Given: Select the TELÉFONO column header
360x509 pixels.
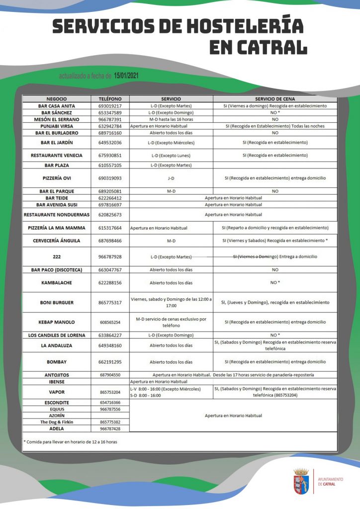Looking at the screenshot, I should point(110,99).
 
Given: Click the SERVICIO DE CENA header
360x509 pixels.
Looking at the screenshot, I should point(275,99).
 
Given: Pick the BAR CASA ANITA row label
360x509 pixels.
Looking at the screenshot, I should point(57,106).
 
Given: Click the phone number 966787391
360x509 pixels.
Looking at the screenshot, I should point(110,119).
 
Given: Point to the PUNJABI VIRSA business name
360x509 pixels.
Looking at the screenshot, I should point(57,126).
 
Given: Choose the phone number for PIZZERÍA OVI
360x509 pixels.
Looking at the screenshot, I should point(110,177).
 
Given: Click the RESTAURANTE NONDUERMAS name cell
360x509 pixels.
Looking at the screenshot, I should point(57,215).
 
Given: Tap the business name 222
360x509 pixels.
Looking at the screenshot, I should point(57,256).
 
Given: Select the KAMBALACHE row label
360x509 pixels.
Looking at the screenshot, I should point(57,282).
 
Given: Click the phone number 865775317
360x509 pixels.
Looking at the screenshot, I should point(110,302).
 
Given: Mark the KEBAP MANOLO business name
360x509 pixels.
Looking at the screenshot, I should point(57,322).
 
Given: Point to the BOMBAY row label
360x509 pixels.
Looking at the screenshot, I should point(57,362).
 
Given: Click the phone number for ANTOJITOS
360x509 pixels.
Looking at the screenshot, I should point(110,375).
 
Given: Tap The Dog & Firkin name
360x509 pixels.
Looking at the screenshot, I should point(57,422).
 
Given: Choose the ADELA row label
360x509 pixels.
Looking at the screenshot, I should point(57,428).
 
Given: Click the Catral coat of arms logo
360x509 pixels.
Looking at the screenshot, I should point(301,481).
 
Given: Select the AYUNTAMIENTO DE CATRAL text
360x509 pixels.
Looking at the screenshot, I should point(330,481).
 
